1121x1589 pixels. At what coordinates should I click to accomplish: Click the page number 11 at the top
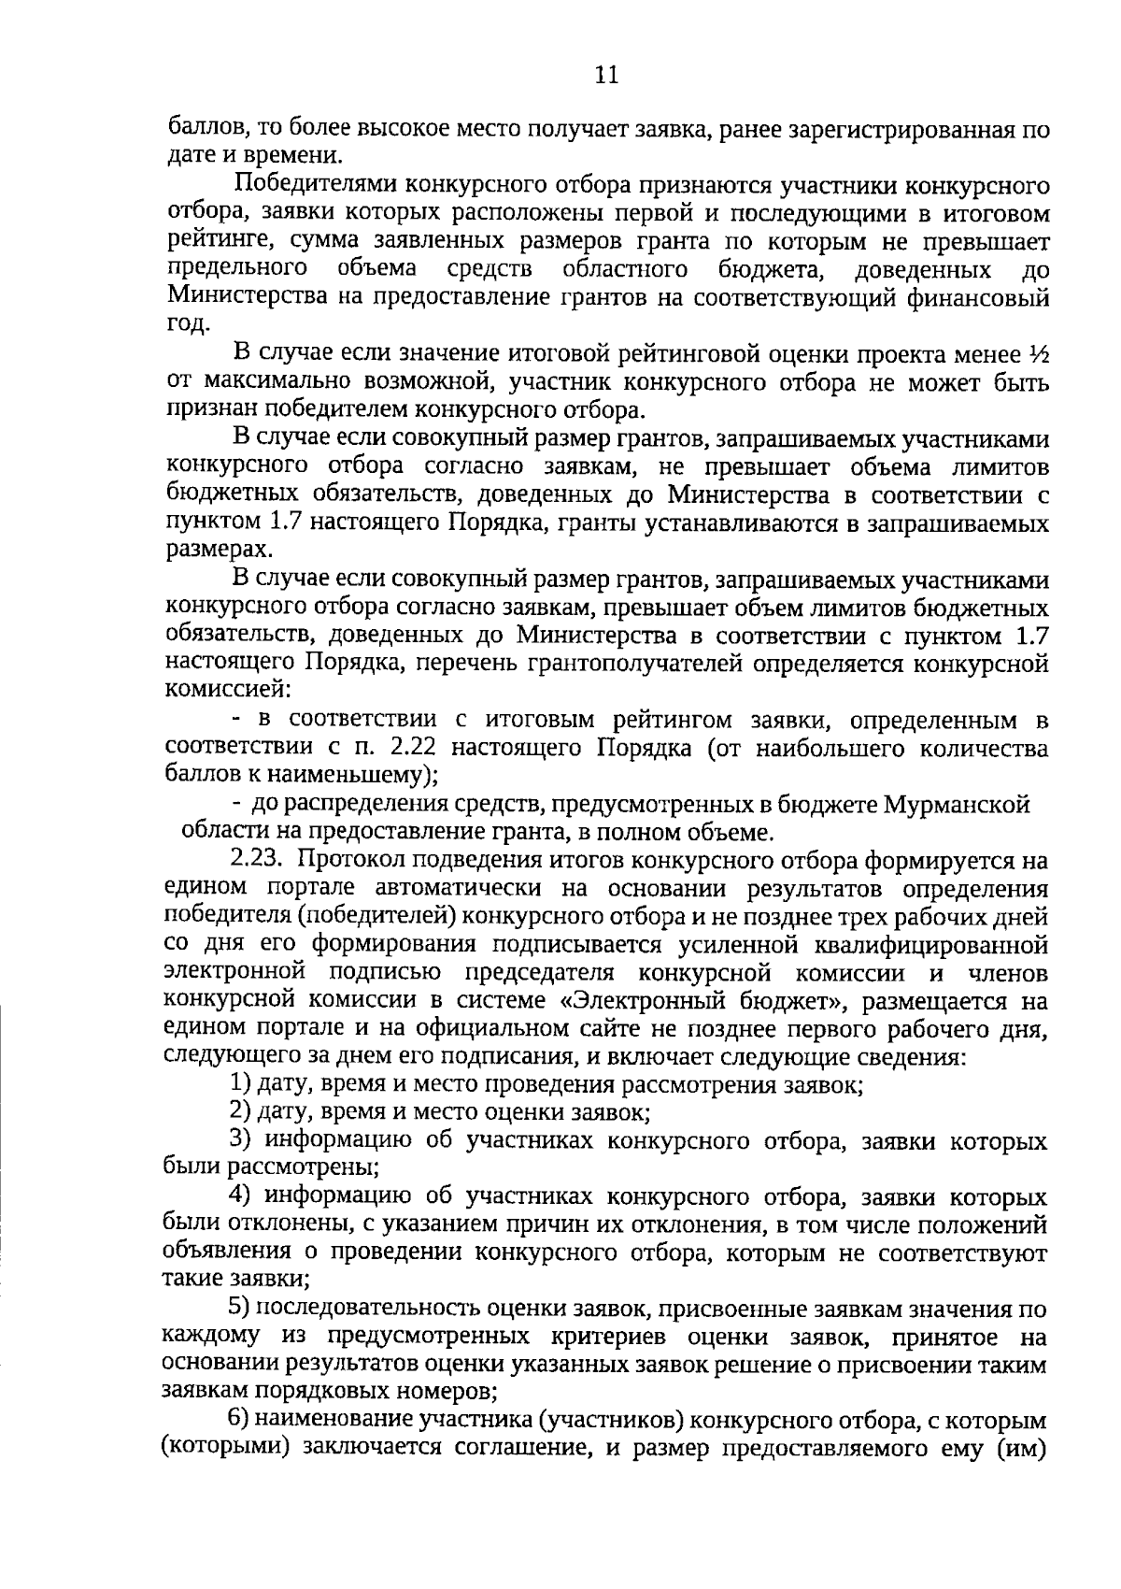click(x=606, y=75)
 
